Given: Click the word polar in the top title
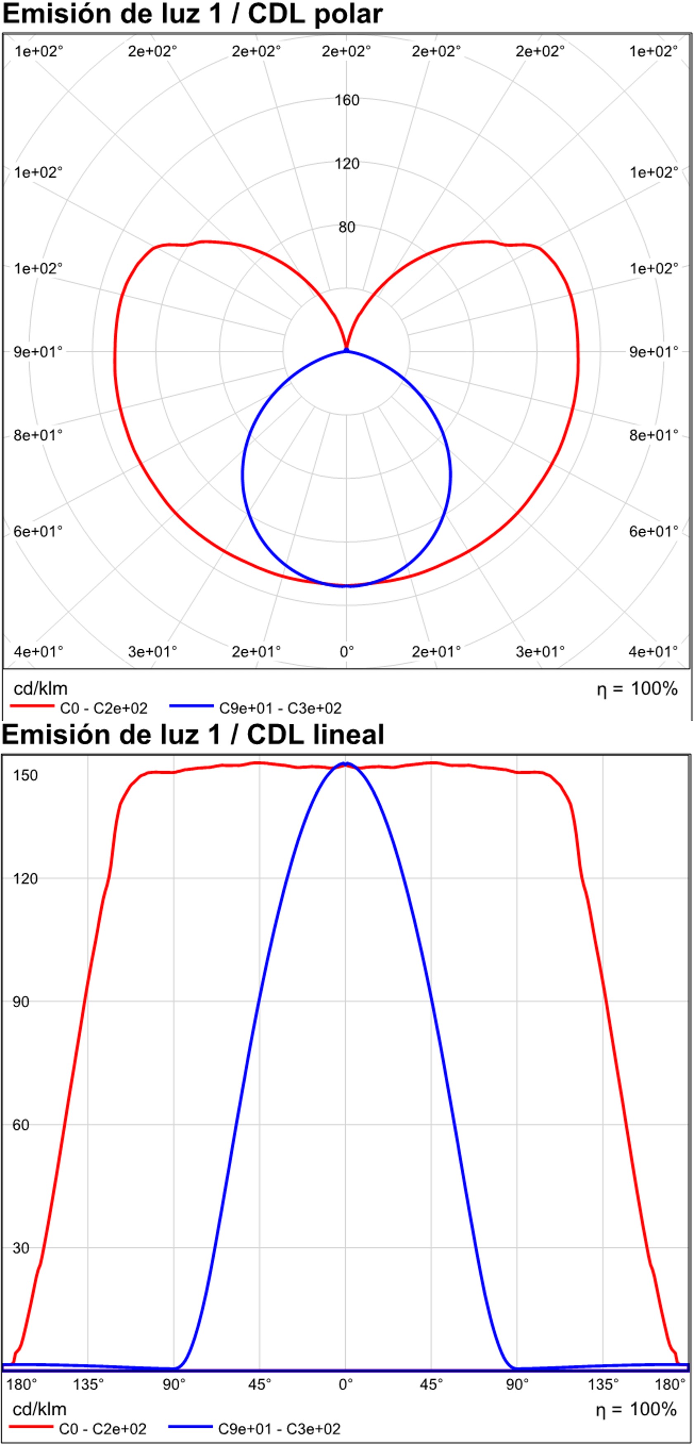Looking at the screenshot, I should tap(348, 14).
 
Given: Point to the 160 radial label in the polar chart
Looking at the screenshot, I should tap(347, 100).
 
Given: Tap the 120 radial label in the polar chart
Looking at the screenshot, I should tap(347, 164).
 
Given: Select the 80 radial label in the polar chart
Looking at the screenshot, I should tap(347, 227).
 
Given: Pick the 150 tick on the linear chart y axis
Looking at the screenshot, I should tap(25, 776).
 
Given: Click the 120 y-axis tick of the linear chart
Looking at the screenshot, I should tap(25, 878).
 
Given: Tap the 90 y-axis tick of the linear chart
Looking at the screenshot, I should tap(21, 1001).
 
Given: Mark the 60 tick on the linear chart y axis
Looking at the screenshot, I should tap(21, 1124).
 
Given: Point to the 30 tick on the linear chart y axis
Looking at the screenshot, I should tap(21, 1247).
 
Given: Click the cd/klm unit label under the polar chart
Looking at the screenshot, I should tap(40, 689).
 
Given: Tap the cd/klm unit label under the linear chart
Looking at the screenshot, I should tap(39, 1409).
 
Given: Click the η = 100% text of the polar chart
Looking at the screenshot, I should tap(637, 689).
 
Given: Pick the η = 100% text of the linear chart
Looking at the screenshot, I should tap(636, 1409).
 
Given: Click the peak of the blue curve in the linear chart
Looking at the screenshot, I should tap(346, 763).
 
